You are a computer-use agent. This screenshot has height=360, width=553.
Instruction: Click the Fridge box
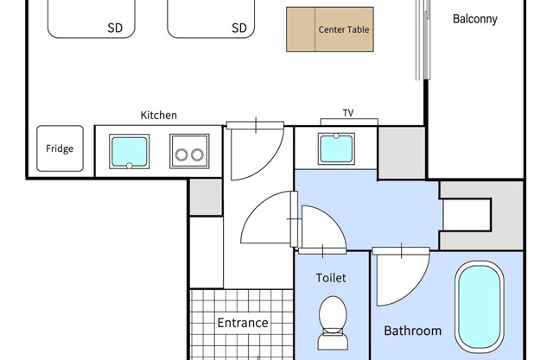coord(60,148)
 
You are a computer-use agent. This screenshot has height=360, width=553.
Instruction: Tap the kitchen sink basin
coord(129,151)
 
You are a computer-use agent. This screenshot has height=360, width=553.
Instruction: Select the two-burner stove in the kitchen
coord(189,151)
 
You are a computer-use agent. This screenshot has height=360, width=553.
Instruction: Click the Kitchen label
coord(159,115)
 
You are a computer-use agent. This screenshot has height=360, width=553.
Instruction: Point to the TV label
coord(348,113)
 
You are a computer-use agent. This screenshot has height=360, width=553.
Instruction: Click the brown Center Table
coord(330,29)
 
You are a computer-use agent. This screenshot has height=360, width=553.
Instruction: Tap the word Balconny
coord(475,19)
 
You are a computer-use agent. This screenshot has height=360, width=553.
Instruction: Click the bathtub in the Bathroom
coord(480,306)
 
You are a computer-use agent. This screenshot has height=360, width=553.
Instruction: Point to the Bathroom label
coord(413,331)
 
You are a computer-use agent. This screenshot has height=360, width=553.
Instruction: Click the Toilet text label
coord(331,278)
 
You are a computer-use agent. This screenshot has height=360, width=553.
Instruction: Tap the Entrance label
coord(243,323)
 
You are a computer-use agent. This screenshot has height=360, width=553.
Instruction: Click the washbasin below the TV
coord(336,148)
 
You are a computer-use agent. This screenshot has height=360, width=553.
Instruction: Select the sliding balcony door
coord(423,41)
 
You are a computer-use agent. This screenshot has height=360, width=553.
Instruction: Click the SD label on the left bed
coord(115,28)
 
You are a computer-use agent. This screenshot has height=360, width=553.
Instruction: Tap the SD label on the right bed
coord(239,28)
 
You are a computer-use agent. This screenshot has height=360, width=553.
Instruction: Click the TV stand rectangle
coord(349,123)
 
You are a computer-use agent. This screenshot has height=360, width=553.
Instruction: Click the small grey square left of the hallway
coord(206,197)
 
